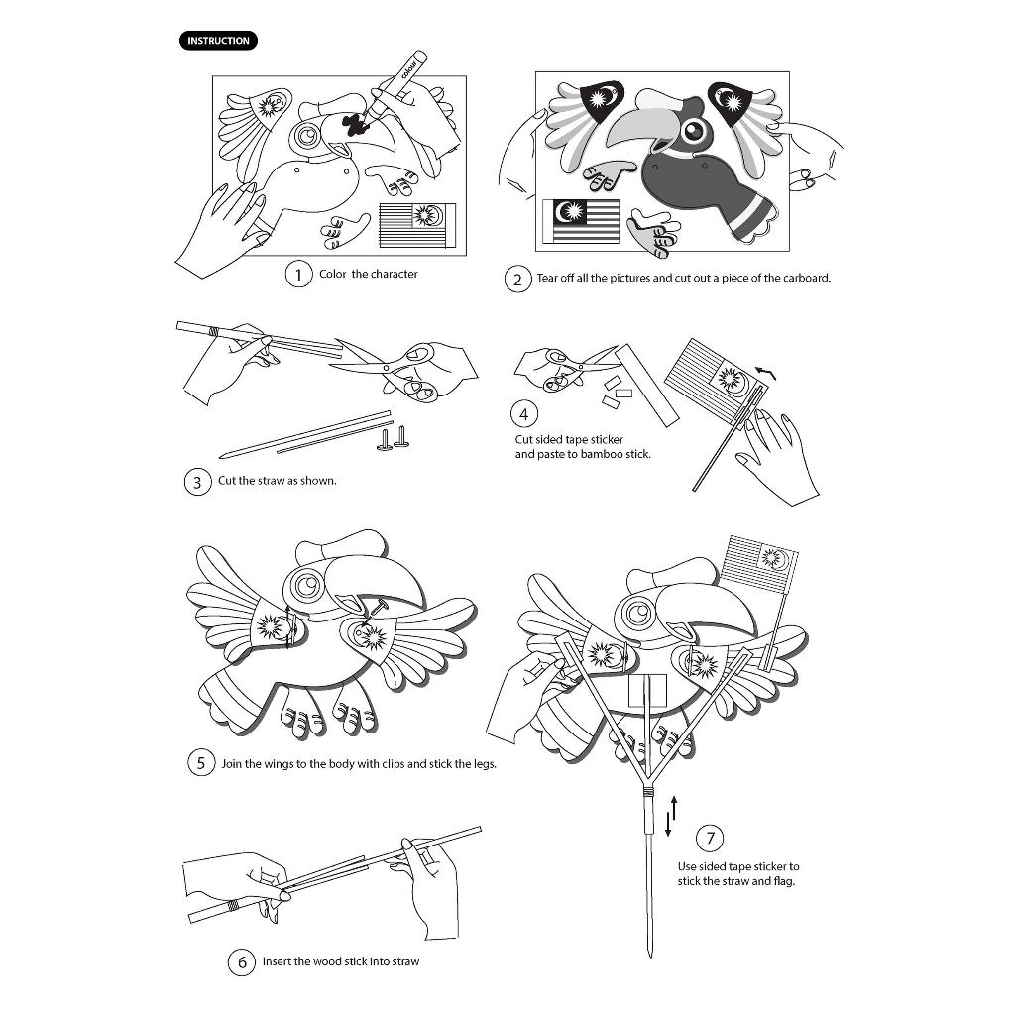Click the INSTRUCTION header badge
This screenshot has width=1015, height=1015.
click(x=218, y=41)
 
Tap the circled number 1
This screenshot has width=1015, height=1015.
click(x=298, y=274)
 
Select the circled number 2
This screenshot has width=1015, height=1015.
click(x=518, y=279)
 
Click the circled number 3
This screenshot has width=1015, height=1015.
click(x=198, y=482)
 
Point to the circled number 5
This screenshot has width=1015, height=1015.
click(x=201, y=763)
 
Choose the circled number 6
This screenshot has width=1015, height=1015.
click(x=242, y=961)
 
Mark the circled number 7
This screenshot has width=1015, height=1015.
click(x=710, y=839)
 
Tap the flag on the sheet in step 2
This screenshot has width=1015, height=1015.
click(x=581, y=220)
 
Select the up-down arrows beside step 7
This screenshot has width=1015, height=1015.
click(x=672, y=815)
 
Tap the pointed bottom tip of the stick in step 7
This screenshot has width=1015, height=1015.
click(x=649, y=957)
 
